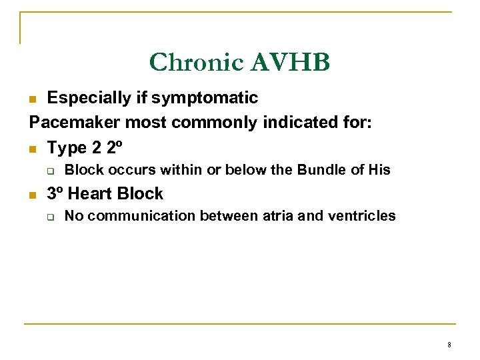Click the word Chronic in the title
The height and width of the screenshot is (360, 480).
click(x=197, y=62)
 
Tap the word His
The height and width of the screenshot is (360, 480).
click(x=379, y=170)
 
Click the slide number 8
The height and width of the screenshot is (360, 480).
click(x=449, y=345)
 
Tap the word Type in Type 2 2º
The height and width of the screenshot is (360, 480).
click(x=67, y=147)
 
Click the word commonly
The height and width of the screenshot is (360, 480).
click(x=209, y=123)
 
